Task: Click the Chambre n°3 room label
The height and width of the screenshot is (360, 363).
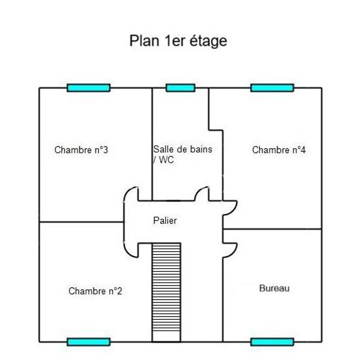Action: (x=81, y=150)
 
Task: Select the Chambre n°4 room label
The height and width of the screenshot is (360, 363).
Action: (x=279, y=150)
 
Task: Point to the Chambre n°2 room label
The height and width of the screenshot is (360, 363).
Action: (x=95, y=291)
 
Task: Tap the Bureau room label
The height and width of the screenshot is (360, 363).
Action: (x=274, y=288)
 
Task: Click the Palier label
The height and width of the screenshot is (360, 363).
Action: (x=165, y=220)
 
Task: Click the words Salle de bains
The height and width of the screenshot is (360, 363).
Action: (x=183, y=149)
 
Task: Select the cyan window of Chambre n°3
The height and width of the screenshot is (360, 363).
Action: (x=89, y=87)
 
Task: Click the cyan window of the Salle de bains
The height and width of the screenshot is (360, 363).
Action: (x=180, y=87)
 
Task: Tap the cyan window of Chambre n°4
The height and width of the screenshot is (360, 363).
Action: (x=272, y=87)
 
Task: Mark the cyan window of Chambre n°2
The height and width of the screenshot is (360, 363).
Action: (x=89, y=342)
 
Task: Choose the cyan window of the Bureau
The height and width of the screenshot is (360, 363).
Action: (x=272, y=342)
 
